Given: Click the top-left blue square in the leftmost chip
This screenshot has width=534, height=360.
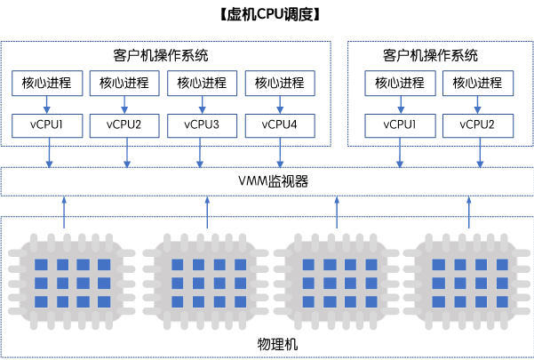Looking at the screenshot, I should click(x=40, y=265).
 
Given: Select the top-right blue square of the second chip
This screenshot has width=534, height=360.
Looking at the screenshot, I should click(x=241, y=265).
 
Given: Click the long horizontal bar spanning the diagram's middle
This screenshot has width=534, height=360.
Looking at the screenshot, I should click(x=267, y=181).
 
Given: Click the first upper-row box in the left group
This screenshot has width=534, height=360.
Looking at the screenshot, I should click(x=47, y=84).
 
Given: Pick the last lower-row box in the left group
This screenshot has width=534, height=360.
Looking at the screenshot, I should click(x=280, y=126).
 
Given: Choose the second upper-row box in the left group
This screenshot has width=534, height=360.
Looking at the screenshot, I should click(x=124, y=84).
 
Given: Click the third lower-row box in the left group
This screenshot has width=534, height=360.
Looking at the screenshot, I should click(x=203, y=126).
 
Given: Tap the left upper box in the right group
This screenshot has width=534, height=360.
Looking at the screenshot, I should click(x=400, y=84).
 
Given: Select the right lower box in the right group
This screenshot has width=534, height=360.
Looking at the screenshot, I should click(x=478, y=126).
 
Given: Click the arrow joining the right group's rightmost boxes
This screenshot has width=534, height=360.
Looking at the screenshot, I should click(x=478, y=105).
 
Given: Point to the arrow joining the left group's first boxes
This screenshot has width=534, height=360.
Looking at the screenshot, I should click(x=47, y=105).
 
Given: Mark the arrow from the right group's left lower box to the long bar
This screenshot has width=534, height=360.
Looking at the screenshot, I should click(x=400, y=153).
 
